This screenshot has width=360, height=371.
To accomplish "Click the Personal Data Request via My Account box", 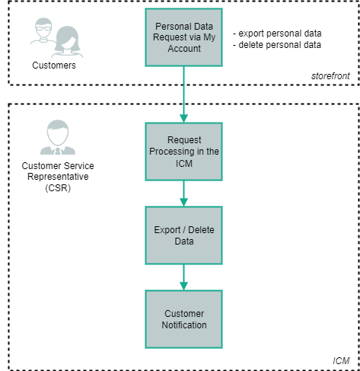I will pyautogui.click(x=183, y=37).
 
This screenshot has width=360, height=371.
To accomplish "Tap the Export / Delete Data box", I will pyautogui.click(x=183, y=235).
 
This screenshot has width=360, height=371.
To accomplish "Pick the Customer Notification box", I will pyautogui.click(x=183, y=318).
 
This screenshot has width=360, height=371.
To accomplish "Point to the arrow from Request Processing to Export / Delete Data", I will pyautogui.click(x=183, y=193).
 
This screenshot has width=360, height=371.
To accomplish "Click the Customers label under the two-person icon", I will pyautogui.click(x=53, y=66).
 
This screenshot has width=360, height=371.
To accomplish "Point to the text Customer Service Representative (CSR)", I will pyautogui.click(x=54, y=176).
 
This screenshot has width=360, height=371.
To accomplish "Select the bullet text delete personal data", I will pyautogui.click(x=277, y=44).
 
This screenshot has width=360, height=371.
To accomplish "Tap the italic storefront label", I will pyautogui.click(x=331, y=76).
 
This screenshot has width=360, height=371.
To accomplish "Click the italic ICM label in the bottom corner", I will pyautogui.click(x=341, y=359).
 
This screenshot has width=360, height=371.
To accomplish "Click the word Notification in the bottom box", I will pyautogui.click(x=183, y=325).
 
